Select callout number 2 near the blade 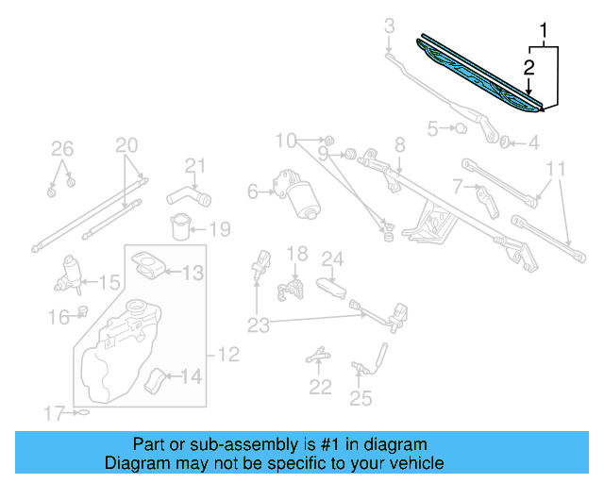pos(529,67)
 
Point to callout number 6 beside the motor pos(252,192)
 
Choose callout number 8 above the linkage pos(399,144)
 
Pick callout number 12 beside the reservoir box pos(228,355)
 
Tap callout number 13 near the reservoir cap pos(192,273)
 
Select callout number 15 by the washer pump pos(109,281)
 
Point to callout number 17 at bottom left pos(54,412)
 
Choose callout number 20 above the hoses pos(126,145)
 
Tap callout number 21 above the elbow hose pos(194,167)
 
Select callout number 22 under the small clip pos(321,387)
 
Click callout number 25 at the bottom pos(361,398)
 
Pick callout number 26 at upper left pos(61,148)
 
